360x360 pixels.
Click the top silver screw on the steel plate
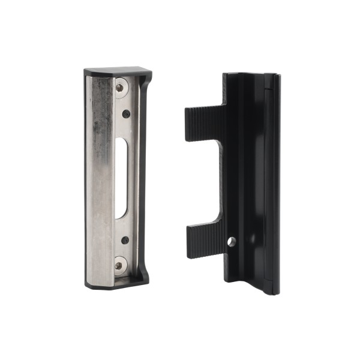(x=120, y=88)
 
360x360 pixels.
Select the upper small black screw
(x=126, y=113)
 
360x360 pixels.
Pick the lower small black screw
(x=125, y=240)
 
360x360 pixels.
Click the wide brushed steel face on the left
(x=99, y=180)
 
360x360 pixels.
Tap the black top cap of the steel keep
(x=118, y=73)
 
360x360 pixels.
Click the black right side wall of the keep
(x=144, y=180)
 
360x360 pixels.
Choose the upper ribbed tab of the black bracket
(x=204, y=123)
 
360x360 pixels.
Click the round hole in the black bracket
(x=232, y=242)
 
